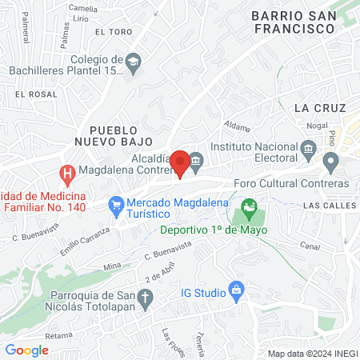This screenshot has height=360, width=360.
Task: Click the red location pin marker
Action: click(x=180, y=163)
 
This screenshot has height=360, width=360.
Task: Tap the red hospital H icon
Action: click(x=68, y=172)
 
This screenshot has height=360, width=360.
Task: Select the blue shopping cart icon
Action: click(x=117, y=205)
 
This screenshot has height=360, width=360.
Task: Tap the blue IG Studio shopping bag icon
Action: click(x=235, y=289)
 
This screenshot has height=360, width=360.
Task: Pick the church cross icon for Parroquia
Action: click(x=145, y=298)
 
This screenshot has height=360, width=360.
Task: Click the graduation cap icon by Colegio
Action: click(x=134, y=61)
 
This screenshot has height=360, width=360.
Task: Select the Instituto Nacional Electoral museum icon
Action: click(x=309, y=149)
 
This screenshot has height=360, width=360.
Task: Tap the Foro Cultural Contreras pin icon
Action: click(x=330, y=164)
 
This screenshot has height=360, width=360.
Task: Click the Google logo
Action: click(x=27, y=350)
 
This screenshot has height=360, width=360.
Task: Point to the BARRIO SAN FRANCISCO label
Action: click(x=291, y=22)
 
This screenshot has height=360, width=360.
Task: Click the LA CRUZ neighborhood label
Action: click(x=319, y=107)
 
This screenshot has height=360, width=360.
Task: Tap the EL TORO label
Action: click(x=112, y=32)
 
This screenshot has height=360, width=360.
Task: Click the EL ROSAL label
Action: click(x=32, y=94)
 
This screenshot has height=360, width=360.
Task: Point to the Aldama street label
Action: click(x=238, y=126)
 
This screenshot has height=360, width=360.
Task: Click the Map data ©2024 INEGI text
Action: click(x=312, y=354)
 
